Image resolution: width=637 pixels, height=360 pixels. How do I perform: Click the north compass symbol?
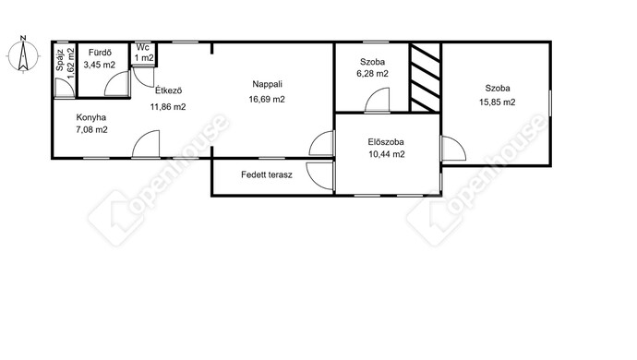click(23, 54)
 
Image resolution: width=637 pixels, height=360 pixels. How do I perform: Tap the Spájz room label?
click(60, 60)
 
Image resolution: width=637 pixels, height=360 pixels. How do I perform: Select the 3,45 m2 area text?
click(100, 65)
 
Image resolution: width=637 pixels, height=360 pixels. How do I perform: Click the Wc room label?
click(142, 48)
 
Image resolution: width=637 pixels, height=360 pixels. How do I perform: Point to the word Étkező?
click(168, 90)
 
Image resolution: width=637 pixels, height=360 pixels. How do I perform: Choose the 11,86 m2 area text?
click(168, 107)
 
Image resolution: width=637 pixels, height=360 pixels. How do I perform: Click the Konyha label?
click(91, 117)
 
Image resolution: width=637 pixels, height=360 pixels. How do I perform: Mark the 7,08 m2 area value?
click(91, 129)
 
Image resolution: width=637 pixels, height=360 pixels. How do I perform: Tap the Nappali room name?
click(268, 85)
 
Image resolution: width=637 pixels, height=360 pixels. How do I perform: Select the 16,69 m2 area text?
click(267, 99)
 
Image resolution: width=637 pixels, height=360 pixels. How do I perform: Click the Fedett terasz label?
click(267, 174)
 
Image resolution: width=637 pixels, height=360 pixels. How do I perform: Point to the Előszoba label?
click(386, 142)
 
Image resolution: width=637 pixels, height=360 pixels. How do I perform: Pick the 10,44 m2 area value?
click(387, 154)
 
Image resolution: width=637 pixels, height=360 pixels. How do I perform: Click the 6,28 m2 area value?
click(372, 74)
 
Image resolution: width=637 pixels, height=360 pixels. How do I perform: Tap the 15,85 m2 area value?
click(498, 102)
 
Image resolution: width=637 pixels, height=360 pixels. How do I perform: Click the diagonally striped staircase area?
click(425, 78)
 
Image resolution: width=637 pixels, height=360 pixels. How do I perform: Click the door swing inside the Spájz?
click(65, 88)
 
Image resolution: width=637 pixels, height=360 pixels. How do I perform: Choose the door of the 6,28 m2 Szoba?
click(378, 100)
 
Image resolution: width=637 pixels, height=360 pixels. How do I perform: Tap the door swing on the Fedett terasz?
click(320, 175)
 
